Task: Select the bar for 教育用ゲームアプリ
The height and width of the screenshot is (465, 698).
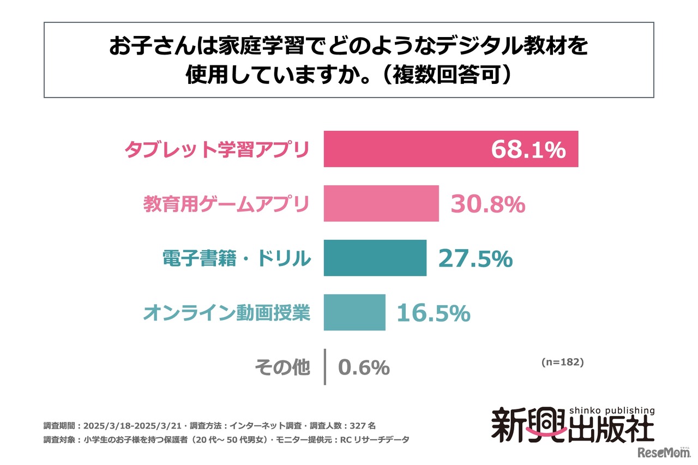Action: pos(381,203)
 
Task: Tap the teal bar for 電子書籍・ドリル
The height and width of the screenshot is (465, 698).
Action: pos(375,258)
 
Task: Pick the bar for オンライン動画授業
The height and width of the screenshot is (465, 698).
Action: pos(354,312)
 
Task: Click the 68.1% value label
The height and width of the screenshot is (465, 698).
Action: pos(528,150)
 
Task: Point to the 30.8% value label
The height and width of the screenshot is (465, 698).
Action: pos(488,204)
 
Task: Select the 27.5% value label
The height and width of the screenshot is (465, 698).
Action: pos(475,259)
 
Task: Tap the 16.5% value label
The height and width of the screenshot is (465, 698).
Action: pos(433,313)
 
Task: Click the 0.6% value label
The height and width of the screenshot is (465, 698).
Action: pos(364,367)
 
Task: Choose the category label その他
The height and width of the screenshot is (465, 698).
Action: pos(282,367)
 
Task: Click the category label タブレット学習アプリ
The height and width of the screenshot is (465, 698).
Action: pos(217,149)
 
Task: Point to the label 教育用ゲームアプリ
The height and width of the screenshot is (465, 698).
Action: pos(226,204)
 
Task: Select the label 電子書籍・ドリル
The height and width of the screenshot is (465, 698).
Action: pos(237,258)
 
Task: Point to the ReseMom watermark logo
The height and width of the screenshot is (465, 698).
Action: pos(661,452)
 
